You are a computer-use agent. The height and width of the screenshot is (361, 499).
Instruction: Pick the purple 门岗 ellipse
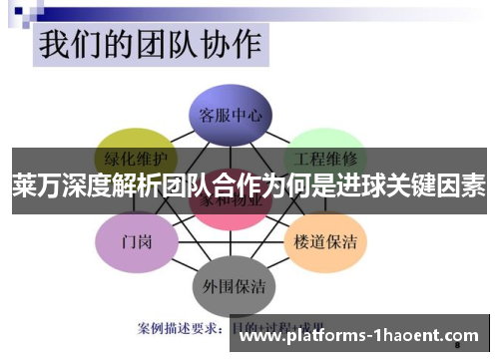pos(136,240)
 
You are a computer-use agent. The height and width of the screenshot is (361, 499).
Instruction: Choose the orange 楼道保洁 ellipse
pos(325,240)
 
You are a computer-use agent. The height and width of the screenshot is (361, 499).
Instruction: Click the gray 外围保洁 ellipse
pos(232,286)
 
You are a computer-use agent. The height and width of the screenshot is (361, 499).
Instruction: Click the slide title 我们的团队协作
pos(150,46)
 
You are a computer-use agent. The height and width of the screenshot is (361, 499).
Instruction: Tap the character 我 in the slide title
pos(57,46)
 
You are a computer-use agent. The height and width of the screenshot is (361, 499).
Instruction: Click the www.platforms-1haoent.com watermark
pos(360,336)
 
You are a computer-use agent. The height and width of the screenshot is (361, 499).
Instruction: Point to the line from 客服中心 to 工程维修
pos(280,131)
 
